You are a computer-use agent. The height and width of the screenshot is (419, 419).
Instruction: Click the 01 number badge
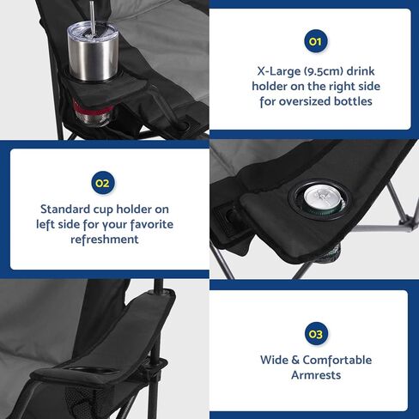click(315, 40)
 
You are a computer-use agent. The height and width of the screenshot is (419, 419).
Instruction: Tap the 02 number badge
click(103, 183)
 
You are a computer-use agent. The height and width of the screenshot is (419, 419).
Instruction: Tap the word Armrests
click(315, 375)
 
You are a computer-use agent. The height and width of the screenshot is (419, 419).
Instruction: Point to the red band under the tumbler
click(83, 110)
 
